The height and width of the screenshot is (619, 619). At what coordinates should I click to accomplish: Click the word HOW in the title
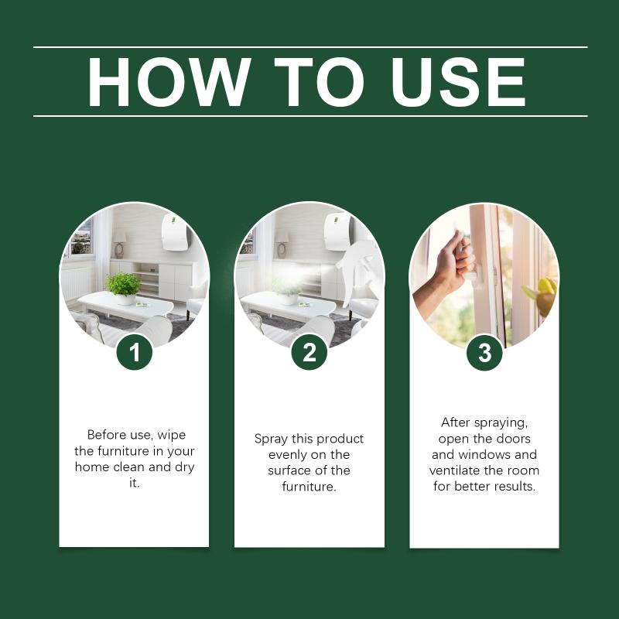click(x=169, y=82)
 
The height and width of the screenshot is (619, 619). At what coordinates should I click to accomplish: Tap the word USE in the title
click(x=458, y=82)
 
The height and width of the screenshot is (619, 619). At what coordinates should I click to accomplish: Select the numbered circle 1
click(x=135, y=352)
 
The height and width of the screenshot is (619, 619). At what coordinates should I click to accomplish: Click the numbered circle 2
click(x=309, y=352)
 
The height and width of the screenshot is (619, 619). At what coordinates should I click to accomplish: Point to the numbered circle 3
click(x=484, y=352)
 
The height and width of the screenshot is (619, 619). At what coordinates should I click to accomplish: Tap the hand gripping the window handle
click(x=444, y=265)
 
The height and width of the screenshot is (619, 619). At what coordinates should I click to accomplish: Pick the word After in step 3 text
click(x=455, y=422)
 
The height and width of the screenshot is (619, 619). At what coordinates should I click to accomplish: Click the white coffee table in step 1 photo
click(x=125, y=306)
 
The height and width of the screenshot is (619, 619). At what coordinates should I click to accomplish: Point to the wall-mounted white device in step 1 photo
click(x=175, y=231)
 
